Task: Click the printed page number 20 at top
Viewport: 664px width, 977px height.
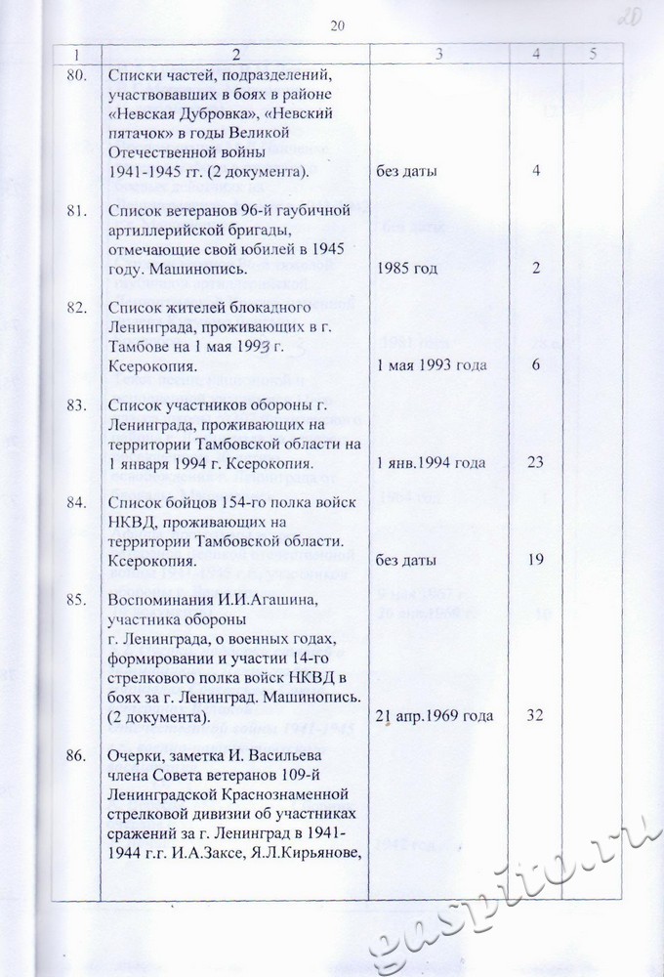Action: (x=339, y=24)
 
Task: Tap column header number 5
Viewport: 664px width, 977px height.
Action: (x=594, y=55)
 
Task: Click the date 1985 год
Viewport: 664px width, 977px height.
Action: (x=407, y=268)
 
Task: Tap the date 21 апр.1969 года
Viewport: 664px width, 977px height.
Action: (x=435, y=716)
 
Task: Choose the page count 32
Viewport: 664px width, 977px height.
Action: (x=534, y=716)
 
